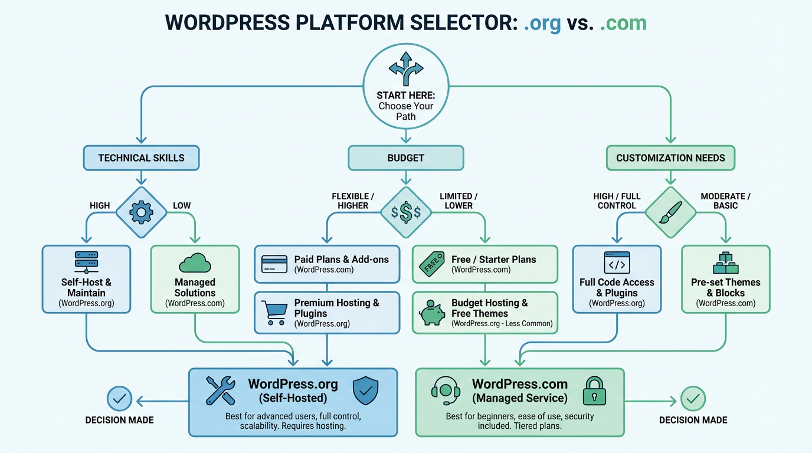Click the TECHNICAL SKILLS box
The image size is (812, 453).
point(141,157)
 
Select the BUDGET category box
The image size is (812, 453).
point(405,157)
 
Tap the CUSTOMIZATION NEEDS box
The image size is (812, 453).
point(670,157)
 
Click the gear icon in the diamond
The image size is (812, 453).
point(141,212)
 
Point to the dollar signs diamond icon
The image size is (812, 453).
point(405,213)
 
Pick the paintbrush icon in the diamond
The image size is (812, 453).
point(670,212)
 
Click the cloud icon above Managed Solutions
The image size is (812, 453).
point(195,262)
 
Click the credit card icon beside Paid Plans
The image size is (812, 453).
point(274,264)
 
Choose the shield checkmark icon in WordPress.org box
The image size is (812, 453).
point(365,391)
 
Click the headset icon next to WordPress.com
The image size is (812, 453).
point(447,391)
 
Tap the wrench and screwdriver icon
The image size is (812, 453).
point(221,391)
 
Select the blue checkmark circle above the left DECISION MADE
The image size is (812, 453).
point(119,399)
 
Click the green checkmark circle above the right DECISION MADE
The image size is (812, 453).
point(693,399)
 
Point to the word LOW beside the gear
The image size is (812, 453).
point(182,205)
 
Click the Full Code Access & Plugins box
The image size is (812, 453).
point(617,278)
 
